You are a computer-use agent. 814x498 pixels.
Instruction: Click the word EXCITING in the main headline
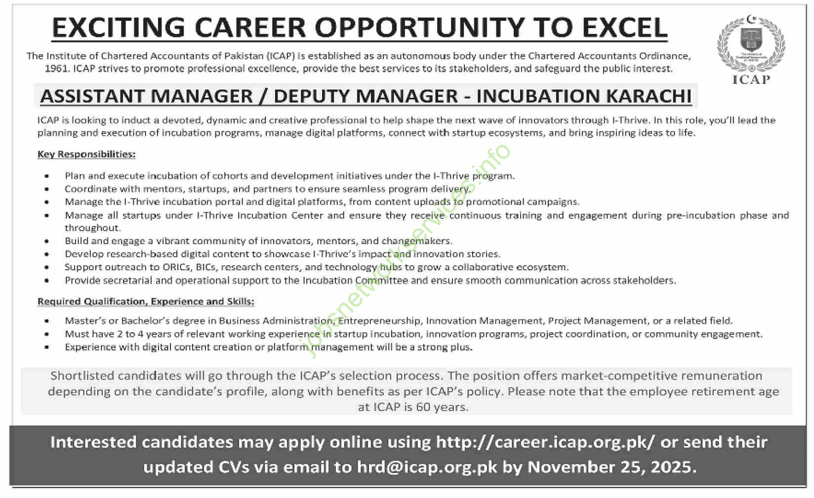pyautogui.click(x=118, y=28)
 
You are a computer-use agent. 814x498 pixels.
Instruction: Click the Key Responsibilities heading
pyautogui.click(x=86, y=154)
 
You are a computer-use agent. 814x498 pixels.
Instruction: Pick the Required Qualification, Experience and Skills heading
pyautogui.click(x=146, y=301)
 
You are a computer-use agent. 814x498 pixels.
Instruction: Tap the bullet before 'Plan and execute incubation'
pyautogui.click(x=47, y=176)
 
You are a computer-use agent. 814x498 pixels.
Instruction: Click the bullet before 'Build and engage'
pyautogui.click(x=47, y=242)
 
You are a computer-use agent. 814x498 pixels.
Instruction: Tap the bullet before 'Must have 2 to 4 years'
pyautogui.click(x=47, y=334)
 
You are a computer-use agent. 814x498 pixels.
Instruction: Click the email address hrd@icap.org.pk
pyautogui.click(x=427, y=467)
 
